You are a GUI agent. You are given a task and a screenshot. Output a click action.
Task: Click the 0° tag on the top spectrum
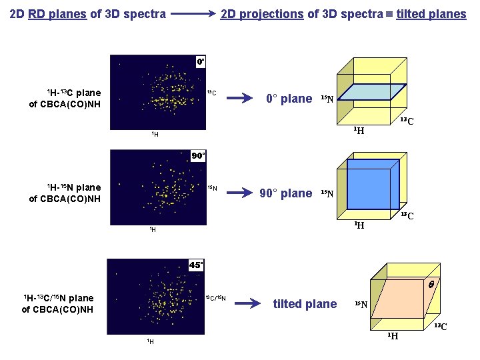click(x=200, y=61)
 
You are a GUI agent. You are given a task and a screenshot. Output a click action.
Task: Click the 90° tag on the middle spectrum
click(x=199, y=155)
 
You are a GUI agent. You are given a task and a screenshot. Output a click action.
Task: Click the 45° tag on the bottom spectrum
click(x=196, y=265)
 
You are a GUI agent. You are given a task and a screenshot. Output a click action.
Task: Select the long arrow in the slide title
click(x=193, y=13)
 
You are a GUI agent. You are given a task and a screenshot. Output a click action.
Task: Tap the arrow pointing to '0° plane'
click(x=241, y=99)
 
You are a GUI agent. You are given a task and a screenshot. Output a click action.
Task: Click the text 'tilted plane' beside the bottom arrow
click(x=305, y=304)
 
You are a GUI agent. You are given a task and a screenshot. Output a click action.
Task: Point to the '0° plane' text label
click(x=289, y=99)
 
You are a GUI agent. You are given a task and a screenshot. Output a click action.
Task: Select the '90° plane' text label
click(x=286, y=193)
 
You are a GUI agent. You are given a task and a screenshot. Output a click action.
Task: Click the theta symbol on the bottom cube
click(x=431, y=284)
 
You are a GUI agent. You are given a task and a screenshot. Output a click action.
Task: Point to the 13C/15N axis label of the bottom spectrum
click(x=215, y=298)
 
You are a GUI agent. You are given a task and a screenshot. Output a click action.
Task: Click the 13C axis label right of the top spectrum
click(x=211, y=92)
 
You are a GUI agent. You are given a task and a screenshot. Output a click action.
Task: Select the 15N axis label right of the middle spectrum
click(x=211, y=188)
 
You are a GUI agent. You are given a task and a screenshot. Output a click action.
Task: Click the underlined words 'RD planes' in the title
click(x=57, y=13)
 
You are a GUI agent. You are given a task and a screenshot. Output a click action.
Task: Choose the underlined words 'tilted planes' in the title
click(x=431, y=13)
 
